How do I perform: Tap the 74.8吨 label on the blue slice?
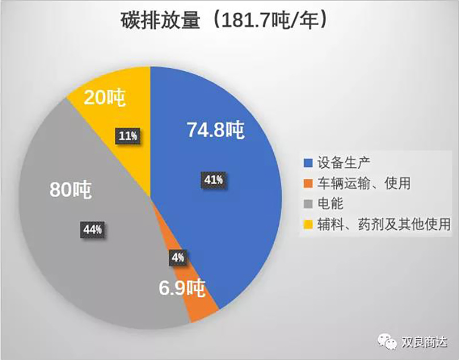pyautogui.click(x=216, y=130)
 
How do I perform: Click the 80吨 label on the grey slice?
pyautogui.click(x=71, y=189)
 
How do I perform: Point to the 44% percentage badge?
pyautogui.click(x=92, y=230)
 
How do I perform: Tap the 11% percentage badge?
pyautogui.click(x=128, y=136)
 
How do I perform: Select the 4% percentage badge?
pyautogui.click(x=177, y=257)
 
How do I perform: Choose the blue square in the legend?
pyautogui.click(x=308, y=163)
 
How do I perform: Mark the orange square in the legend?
pyautogui.click(x=308, y=183)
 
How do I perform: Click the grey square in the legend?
pyautogui.click(x=308, y=203)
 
